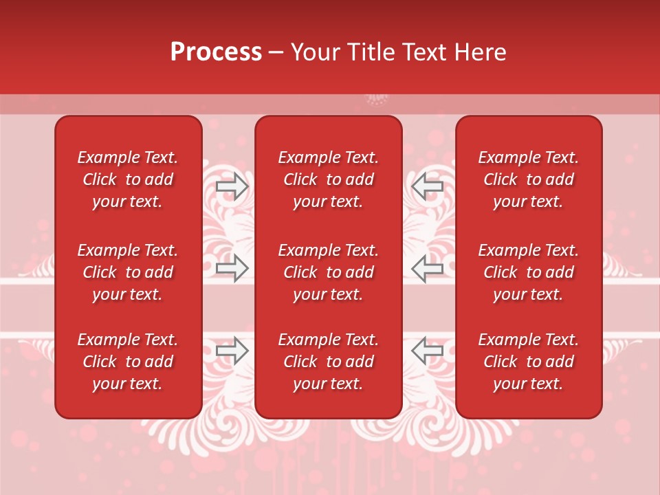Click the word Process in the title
(216, 52)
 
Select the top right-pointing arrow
(232, 186)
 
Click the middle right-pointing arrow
(232, 268)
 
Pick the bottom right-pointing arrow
(232, 351)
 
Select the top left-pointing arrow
(428, 186)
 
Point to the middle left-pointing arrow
(428, 268)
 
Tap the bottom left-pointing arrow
(428, 351)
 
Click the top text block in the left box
(128, 179)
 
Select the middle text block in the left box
(128, 272)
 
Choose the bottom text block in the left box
(128, 362)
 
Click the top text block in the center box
(328, 179)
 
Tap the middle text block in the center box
(328, 272)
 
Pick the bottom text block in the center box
(328, 362)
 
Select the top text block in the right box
(528, 179)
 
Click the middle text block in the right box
(528, 272)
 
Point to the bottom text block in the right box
(528, 362)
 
